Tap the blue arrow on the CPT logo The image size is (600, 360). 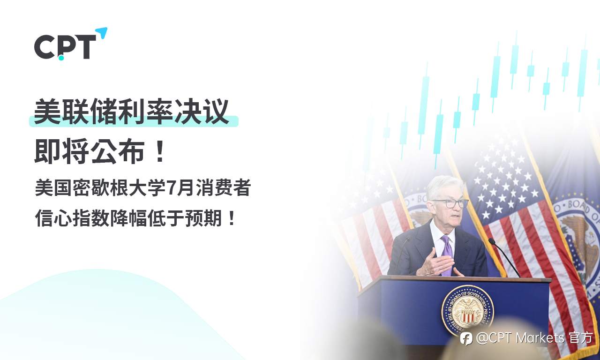point(101,33)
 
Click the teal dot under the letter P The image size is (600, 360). point(61,58)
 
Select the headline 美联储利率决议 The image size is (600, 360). point(132,112)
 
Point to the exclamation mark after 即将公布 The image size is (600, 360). point(160,151)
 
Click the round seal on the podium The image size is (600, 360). point(467,310)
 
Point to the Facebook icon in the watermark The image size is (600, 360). point(466,338)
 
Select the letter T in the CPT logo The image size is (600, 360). point(85,47)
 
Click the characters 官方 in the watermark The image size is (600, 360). point(581,337)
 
